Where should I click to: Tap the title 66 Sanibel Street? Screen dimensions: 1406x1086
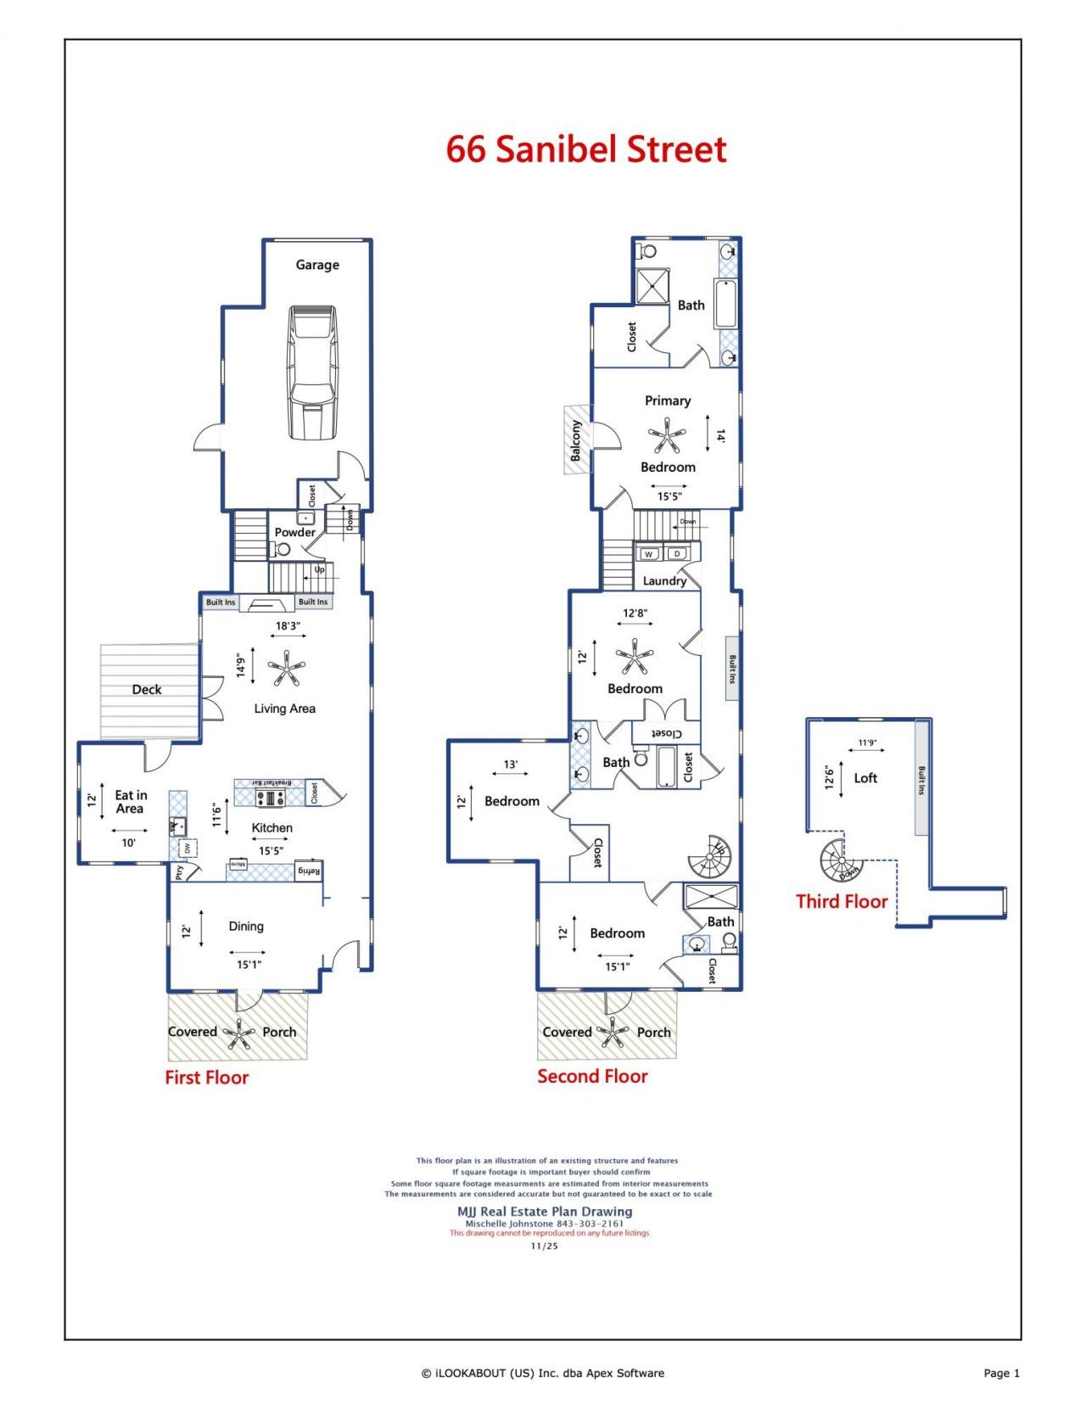[586, 149]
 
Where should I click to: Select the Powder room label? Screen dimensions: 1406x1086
[294, 532]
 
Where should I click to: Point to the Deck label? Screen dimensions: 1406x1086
[147, 690]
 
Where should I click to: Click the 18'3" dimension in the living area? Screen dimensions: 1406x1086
[288, 626]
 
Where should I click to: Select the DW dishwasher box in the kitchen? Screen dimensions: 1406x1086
[188, 847]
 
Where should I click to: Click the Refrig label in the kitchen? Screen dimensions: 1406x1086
[308, 871]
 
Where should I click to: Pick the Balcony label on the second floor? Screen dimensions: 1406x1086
[577, 440]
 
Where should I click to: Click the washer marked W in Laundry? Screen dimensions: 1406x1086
[649, 554]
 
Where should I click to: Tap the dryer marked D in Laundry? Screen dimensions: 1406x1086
[677, 554]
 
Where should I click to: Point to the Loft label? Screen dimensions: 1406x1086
[865, 778]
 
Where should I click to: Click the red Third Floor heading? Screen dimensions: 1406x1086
[841, 902]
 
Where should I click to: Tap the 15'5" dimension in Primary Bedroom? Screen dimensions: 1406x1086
[669, 496]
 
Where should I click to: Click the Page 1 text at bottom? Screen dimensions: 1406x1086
[1001, 1373]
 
